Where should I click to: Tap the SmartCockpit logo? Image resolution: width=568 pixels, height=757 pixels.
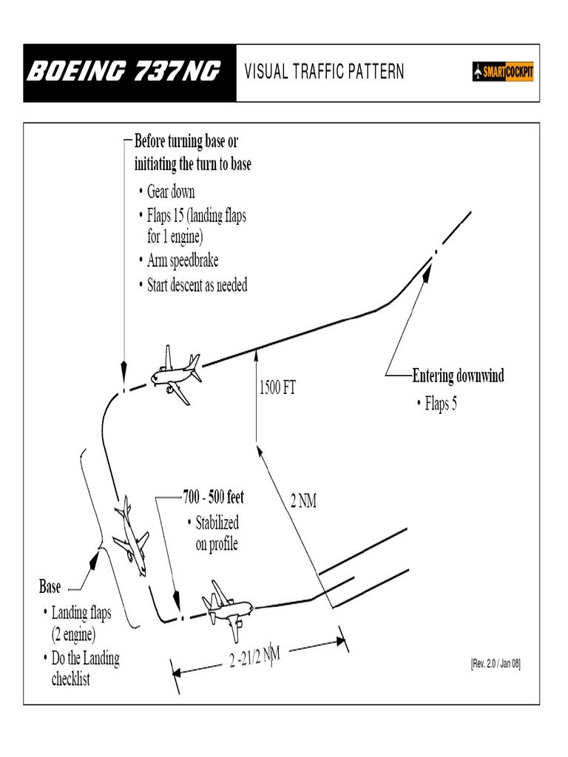pyautogui.click(x=503, y=72)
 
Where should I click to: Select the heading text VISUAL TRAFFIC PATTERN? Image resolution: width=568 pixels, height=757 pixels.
pyautogui.click(x=324, y=72)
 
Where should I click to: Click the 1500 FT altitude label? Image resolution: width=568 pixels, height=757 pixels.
pyautogui.click(x=277, y=387)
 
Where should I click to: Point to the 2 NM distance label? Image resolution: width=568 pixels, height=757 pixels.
pyautogui.click(x=303, y=502)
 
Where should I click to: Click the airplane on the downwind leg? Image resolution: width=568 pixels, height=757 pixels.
pyautogui.click(x=176, y=374)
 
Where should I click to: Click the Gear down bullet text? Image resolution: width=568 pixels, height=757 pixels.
pyautogui.click(x=171, y=191)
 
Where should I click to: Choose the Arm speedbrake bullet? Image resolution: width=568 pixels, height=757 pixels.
pyautogui.click(x=183, y=260)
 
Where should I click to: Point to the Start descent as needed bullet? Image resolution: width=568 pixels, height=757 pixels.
pyautogui.click(x=197, y=285)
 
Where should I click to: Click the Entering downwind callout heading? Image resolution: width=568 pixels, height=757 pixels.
pyautogui.click(x=458, y=376)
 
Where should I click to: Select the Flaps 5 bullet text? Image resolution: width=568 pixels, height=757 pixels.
pyautogui.click(x=441, y=404)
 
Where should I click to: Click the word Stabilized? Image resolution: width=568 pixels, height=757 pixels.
pyautogui.click(x=217, y=523)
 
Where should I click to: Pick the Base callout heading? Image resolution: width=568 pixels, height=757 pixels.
pyautogui.click(x=50, y=588)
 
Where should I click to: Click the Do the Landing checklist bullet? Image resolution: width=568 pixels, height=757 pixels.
pyautogui.click(x=85, y=668)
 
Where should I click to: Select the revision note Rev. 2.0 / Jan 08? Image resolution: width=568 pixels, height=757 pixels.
pyautogui.click(x=496, y=663)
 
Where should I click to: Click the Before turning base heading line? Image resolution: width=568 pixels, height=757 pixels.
pyautogui.click(x=186, y=140)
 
